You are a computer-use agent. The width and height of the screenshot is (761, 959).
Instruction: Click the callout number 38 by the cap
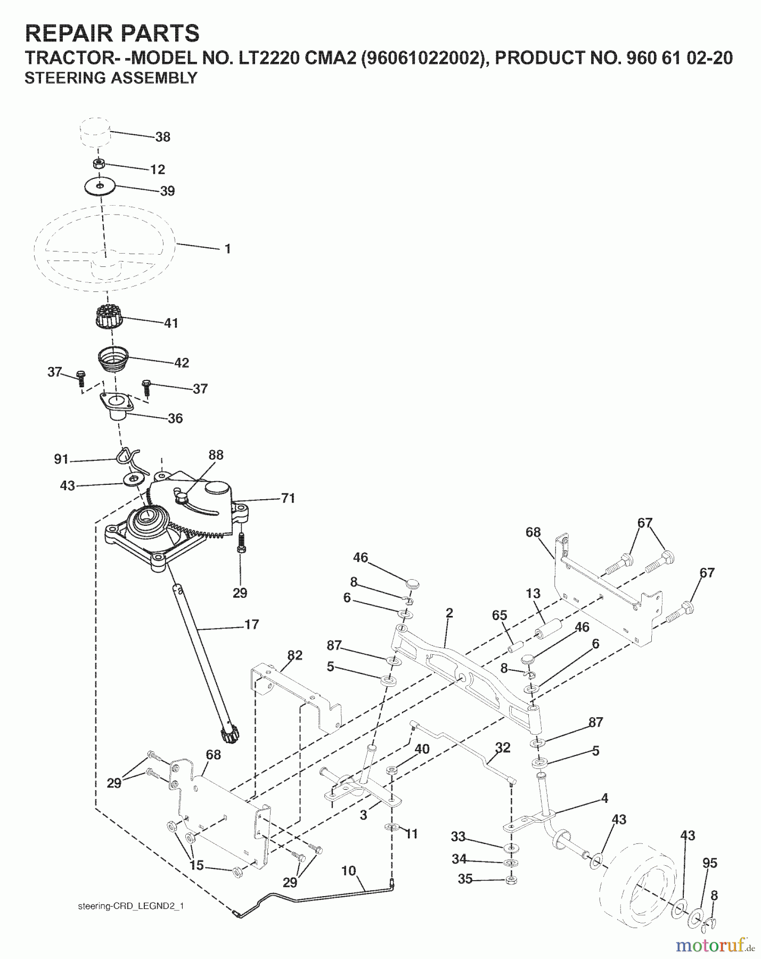point(162,137)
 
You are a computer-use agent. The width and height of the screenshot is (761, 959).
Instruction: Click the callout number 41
point(171,323)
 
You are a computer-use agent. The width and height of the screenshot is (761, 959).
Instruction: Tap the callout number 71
point(288,498)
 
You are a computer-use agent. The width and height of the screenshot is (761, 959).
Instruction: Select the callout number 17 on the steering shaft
point(251,624)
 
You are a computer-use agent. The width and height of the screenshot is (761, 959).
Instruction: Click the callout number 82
point(294,655)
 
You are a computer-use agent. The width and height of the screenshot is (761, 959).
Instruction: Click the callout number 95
point(710,863)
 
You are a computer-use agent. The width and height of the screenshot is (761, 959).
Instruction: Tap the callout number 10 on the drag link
point(348,871)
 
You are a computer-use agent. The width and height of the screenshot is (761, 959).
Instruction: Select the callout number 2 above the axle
point(449,613)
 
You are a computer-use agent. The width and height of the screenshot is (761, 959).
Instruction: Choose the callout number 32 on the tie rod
point(502,747)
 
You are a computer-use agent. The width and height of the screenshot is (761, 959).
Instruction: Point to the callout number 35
point(465,879)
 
